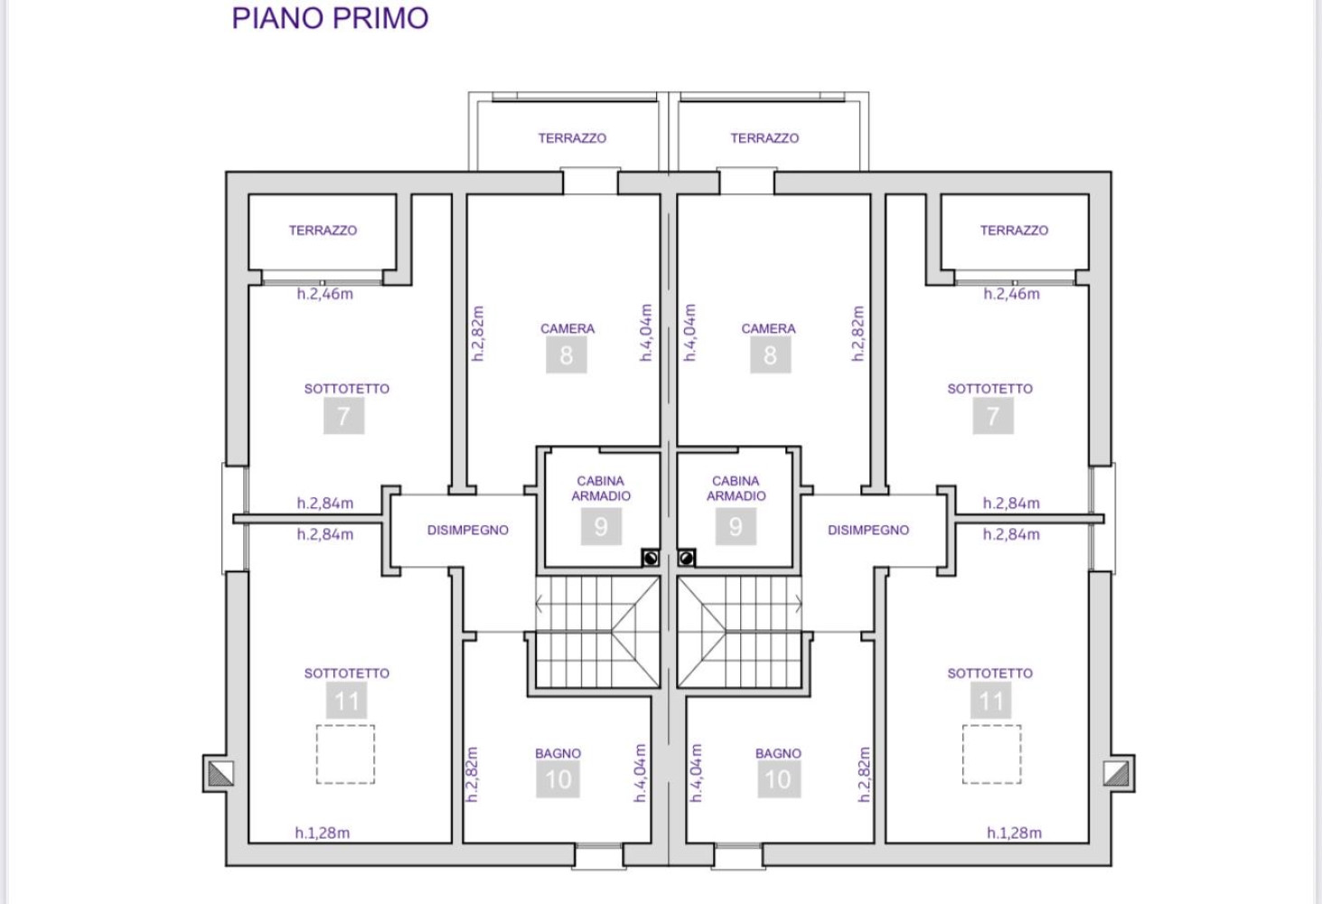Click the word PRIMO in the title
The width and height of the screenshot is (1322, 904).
coord(380,18)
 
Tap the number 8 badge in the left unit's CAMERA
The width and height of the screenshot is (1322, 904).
coord(566,355)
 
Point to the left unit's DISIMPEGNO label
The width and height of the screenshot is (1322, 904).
coord(467,531)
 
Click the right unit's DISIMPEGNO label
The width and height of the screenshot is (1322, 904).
coord(867,531)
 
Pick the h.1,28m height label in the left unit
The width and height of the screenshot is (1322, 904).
coord(323,833)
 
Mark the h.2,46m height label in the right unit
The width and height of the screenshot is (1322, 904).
coord(1011,294)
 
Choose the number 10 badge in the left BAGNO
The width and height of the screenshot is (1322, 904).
coord(558,779)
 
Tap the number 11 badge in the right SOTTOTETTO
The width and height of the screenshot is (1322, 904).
coord(991,701)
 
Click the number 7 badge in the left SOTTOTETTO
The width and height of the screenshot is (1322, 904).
coord(343,416)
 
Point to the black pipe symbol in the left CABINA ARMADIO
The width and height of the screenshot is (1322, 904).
coord(651,558)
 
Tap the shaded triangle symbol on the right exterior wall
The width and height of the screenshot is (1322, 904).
coord(1115,774)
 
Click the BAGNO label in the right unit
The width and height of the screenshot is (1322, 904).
coord(778,753)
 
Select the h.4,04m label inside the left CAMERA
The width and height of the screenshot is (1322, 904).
coord(646,333)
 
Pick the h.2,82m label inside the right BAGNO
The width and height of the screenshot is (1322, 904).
coord(865,774)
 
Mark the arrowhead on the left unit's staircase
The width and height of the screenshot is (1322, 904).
coord(539,604)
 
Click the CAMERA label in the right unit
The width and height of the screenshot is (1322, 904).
coord(768,328)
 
